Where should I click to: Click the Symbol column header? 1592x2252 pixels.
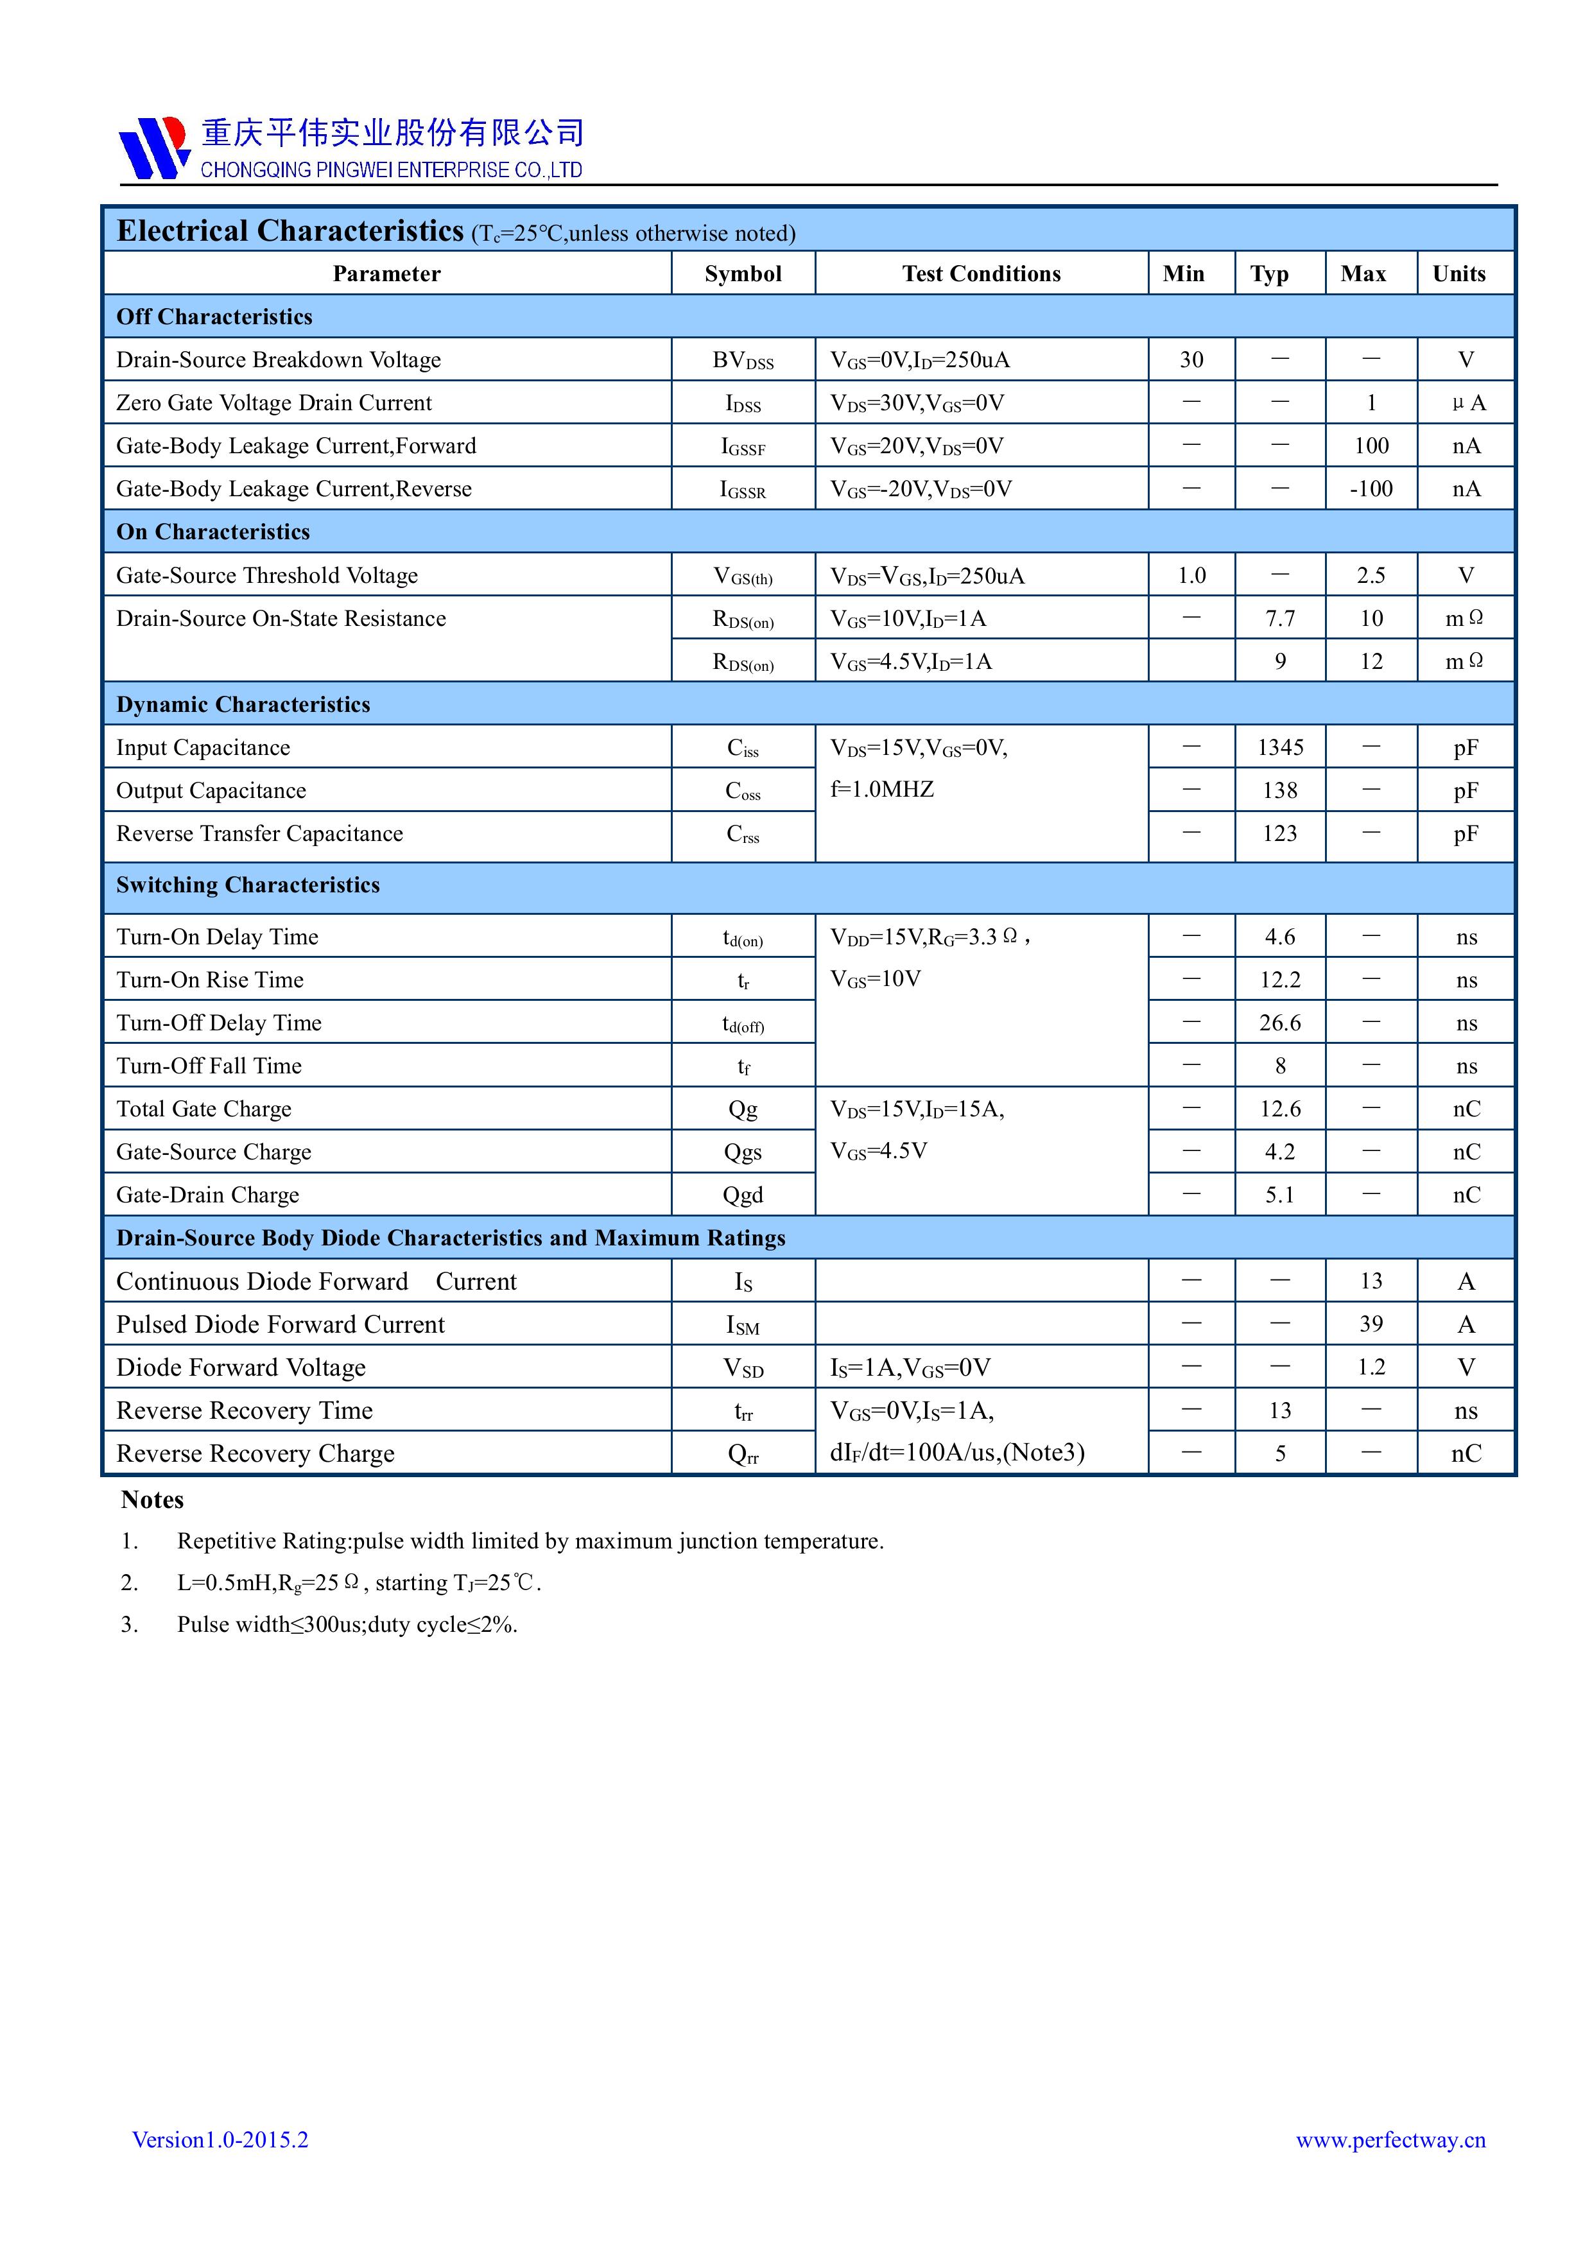click(x=743, y=273)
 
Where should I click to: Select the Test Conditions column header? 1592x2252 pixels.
click(x=981, y=273)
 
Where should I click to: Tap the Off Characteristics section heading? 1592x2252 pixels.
click(x=214, y=317)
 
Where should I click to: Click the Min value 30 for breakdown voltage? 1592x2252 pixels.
click(x=1191, y=360)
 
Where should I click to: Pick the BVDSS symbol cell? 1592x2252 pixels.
click(x=743, y=361)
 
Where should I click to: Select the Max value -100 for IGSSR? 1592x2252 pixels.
click(x=1371, y=489)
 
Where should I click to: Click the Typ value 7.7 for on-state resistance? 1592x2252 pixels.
click(x=1279, y=619)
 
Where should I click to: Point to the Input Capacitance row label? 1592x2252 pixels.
click(x=203, y=747)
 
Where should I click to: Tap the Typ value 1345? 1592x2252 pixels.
click(x=1280, y=747)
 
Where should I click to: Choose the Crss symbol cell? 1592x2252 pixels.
click(x=743, y=834)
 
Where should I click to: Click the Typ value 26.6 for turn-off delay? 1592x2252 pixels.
click(x=1280, y=1023)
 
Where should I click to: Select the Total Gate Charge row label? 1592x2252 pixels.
click(x=204, y=1109)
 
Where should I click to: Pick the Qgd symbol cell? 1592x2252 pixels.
click(x=743, y=1195)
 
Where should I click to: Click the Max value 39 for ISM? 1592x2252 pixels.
click(x=1371, y=1324)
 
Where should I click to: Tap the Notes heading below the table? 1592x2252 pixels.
click(x=152, y=1500)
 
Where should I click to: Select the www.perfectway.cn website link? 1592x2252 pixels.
click(x=1390, y=2139)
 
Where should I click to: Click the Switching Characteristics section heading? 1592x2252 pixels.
click(x=247, y=885)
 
